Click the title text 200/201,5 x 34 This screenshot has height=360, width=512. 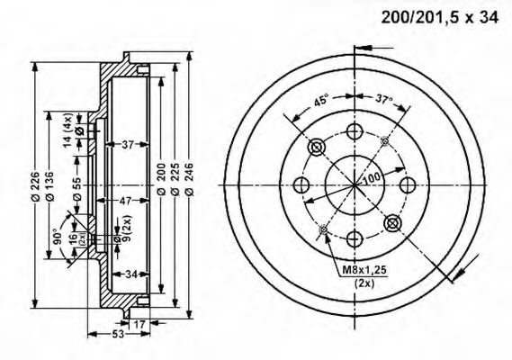click(440, 16)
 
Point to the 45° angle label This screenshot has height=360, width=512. click(320, 101)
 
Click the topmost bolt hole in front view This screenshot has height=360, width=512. click(355, 133)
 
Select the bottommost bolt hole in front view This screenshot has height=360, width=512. click(355, 238)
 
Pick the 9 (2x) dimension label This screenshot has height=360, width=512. click(127, 224)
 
